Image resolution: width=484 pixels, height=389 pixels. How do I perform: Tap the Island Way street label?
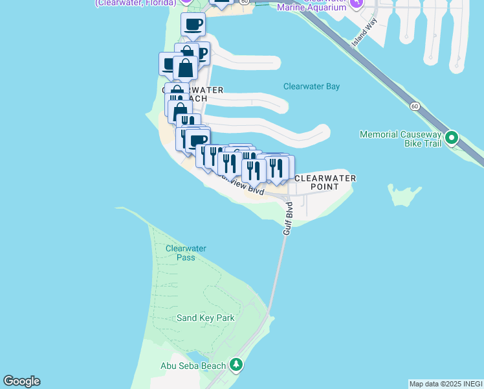[364, 32]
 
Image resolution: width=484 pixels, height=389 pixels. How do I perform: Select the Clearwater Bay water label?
[311, 86]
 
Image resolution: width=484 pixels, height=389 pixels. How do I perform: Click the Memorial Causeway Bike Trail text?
[401, 139]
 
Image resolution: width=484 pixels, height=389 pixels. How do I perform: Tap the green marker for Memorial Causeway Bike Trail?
[452, 137]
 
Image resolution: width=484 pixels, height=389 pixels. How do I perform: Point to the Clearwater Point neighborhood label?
[325, 182]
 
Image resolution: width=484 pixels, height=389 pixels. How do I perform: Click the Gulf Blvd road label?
[288, 218]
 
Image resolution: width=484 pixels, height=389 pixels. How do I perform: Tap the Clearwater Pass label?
[185, 253]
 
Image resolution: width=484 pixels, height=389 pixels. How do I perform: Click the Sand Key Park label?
[206, 318]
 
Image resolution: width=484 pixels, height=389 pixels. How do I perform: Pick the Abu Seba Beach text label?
[193, 366]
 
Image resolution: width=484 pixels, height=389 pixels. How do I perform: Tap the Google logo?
[21, 381]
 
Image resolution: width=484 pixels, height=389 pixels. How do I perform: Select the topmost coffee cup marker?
[193, 25]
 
